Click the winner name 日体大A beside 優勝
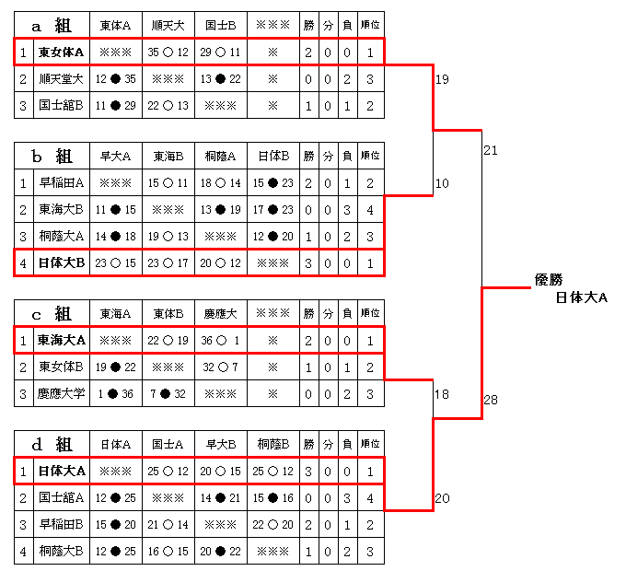point(581,297)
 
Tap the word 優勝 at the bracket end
point(549,280)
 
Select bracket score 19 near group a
point(442,79)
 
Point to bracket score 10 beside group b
point(442,183)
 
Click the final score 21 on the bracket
point(491,150)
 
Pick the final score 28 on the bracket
point(491,400)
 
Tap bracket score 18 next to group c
point(442,394)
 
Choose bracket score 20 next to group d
point(442,498)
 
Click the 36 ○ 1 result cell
point(220,341)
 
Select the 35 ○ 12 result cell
point(168,52)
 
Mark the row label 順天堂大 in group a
point(62,79)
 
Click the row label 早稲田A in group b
point(62,183)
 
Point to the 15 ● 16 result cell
point(273,498)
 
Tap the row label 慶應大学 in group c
point(62,393)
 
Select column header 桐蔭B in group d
point(273,444)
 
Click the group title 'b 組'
point(52,157)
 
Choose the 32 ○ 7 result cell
point(220,367)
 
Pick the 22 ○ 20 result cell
point(273,524)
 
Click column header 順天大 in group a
point(168,26)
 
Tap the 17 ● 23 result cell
point(273,210)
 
